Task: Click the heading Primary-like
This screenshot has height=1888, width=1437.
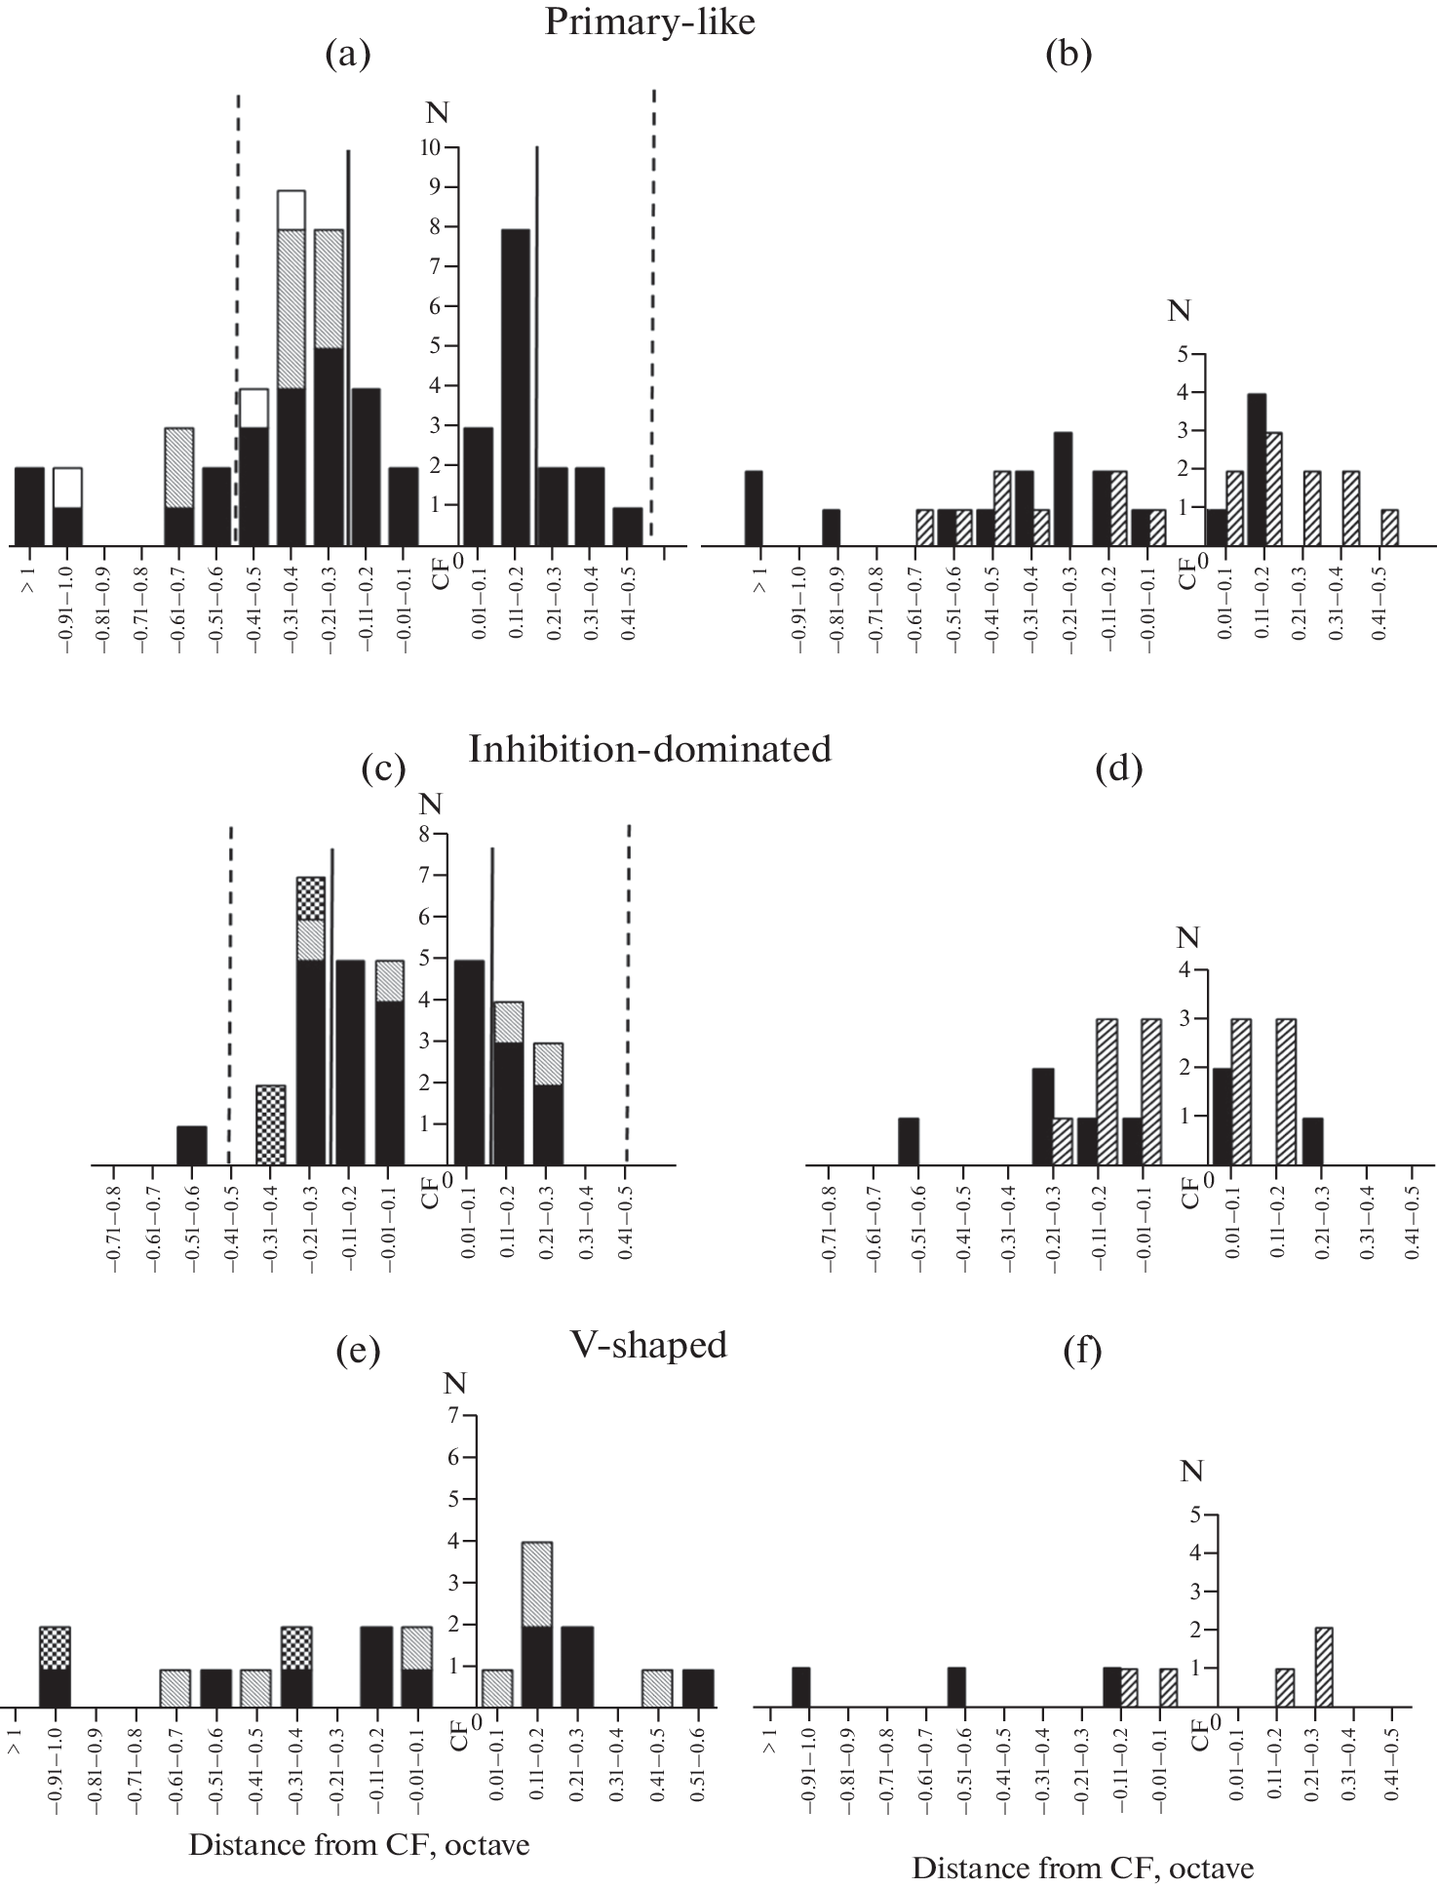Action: (649, 20)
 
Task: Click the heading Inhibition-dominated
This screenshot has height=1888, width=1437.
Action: (649, 749)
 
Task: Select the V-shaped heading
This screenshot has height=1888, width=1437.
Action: (649, 1344)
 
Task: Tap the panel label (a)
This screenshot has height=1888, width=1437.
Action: (348, 56)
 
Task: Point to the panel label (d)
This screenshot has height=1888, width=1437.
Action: (1117, 769)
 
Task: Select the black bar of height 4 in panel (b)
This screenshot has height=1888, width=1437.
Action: (1257, 469)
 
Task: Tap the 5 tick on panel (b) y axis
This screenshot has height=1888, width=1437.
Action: (1184, 354)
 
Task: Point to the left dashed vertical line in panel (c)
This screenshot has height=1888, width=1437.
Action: (230, 995)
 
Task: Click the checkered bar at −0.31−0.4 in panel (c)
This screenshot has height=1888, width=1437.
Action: (270, 1124)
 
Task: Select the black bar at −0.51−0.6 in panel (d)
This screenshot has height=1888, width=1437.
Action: (909, 1141)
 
